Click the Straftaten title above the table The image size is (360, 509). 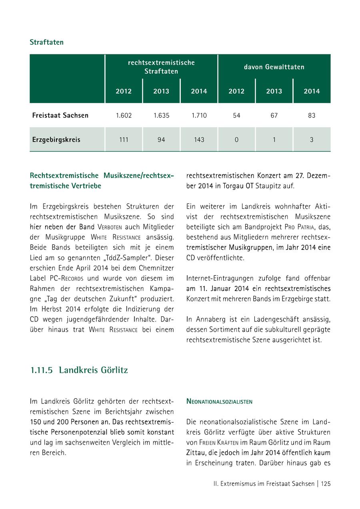[x=46, y=42]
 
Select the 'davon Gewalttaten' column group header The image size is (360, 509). [x=274, y=67]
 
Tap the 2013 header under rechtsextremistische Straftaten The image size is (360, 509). [x=161, y=91]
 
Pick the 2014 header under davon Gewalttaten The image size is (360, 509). [x=312, y=91]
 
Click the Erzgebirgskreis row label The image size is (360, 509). [x=56, y=140]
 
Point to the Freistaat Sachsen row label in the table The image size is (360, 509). [x=60, y=116]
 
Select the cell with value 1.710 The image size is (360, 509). [x=199, y=116]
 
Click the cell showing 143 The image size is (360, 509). [x=199, y=140]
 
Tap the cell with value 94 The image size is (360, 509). [x=161, y=140]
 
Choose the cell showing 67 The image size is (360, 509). [x=274, y=116]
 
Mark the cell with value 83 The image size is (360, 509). [x=312, y=116]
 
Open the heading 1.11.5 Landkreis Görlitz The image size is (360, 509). [x=79, y=370]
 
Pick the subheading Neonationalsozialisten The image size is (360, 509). [x=219, y=401]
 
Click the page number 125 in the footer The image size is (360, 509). [x=326, y=483]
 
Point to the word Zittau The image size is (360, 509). [x=196, y=453]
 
